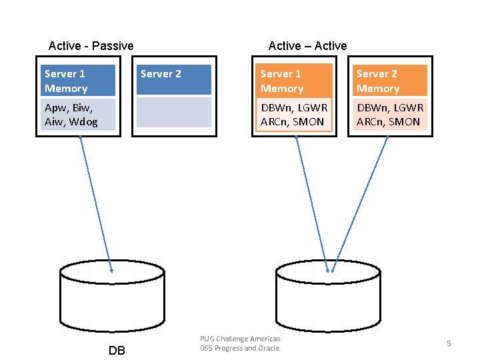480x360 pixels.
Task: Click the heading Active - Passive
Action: click(x=91, y=46)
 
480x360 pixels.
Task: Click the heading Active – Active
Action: click(x=307, y=46)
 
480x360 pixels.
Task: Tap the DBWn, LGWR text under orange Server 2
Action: click(x=390, y=107)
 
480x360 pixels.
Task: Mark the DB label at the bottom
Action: click(x=116, y=351)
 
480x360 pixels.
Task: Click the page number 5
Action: click(x=449, y=343)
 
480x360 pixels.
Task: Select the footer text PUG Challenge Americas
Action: click(x=240, y=339)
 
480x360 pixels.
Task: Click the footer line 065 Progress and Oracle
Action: click(x=240, y=348)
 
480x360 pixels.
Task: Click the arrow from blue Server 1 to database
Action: click(x=95, y=203)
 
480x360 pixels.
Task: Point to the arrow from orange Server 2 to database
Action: click(x=359, y=203)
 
